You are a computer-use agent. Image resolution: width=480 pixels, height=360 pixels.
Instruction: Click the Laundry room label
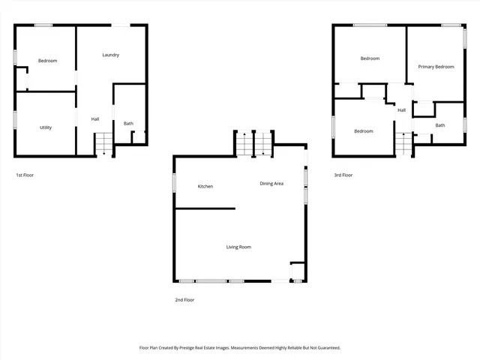pos(111,55)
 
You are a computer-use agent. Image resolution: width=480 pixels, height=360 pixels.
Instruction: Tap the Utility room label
pos(46,127)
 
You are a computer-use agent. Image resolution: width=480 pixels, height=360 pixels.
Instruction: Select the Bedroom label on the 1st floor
pos(48,61)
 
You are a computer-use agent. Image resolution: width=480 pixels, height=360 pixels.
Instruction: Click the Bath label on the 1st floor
pos(129,124)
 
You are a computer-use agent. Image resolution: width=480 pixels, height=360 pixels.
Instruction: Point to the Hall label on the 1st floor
pos(95,119)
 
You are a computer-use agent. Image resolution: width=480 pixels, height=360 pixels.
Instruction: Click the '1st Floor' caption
pos(25,175)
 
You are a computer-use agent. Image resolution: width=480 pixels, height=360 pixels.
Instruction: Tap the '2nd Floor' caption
pos(184,299)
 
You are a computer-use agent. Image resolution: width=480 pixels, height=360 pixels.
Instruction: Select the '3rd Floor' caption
pos(343,175)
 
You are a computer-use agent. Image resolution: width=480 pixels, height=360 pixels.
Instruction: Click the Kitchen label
pos(205,186)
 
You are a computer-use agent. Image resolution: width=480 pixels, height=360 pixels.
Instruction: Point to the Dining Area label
pos(271,184)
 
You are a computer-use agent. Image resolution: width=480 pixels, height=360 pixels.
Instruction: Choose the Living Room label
pos(238,247)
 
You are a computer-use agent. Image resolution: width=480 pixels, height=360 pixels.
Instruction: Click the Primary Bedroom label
pos(436,67)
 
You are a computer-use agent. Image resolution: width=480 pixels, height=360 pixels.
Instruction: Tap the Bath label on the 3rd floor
pos(439,125)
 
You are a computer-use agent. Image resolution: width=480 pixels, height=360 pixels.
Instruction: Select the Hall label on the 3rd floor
pos(402,110)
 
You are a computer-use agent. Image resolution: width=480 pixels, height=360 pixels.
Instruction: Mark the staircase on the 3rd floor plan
pos(405,142)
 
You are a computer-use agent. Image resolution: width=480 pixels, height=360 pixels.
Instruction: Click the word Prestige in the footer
pos(204,348)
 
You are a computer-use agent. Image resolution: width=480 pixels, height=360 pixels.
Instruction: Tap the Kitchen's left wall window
pos(174,184)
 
